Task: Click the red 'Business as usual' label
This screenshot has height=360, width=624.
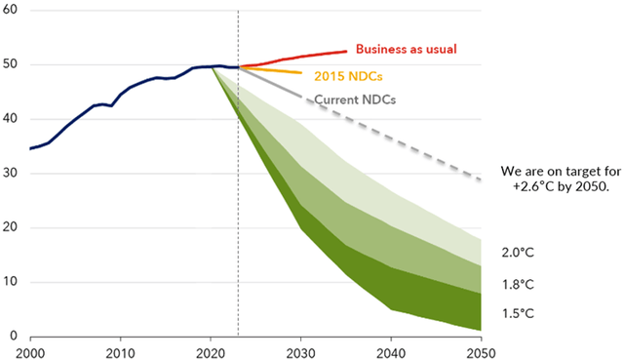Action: pos(406,49)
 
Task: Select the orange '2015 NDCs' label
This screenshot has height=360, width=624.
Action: pos(348,74)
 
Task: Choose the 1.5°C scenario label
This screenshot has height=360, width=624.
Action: pos(519,313)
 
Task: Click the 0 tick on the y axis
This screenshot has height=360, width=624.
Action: pos(14,337)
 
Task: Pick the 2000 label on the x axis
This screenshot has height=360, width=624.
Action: pos(30,351)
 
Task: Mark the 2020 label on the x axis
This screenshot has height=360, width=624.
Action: pos(212,351)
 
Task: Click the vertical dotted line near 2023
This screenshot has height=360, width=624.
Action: pos(239,195)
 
